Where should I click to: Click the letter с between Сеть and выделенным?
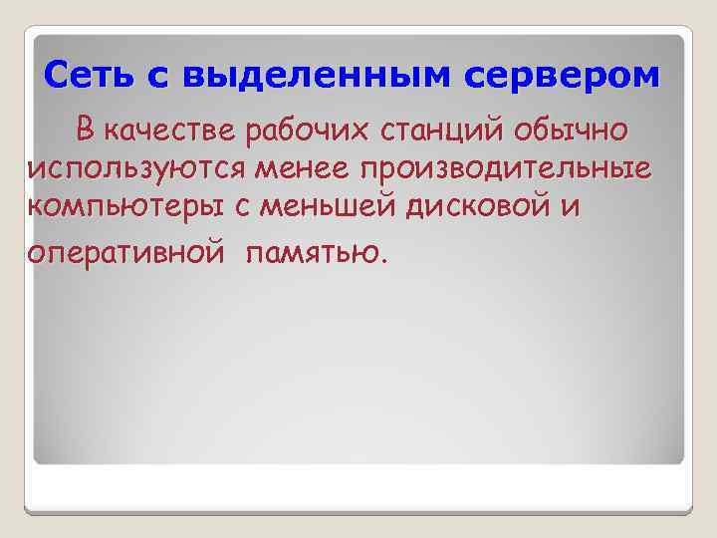coord(161,76)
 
